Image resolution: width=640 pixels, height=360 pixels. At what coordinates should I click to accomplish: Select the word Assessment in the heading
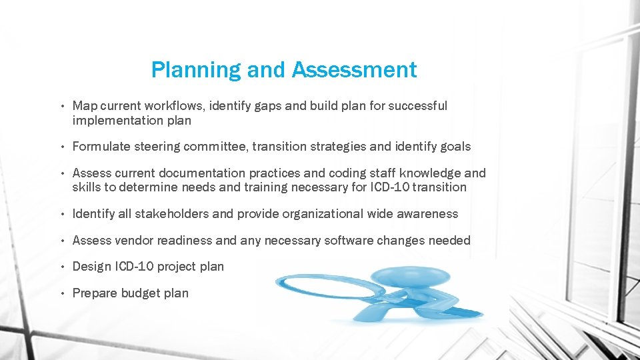(355, 69)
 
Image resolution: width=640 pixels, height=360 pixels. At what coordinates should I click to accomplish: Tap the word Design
(92, 267)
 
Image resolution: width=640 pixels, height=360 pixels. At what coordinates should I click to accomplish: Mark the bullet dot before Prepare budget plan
(61, 293)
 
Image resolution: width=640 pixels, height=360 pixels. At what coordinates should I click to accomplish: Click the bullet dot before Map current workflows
(61, 106)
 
